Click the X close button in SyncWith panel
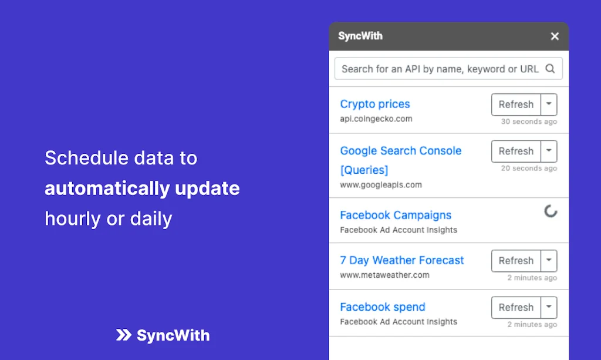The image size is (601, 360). point(555,36)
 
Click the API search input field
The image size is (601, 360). point(440,69)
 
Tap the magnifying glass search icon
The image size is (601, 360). point(550,69)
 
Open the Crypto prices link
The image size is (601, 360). point(375,104)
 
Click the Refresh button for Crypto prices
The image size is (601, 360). point(516,105)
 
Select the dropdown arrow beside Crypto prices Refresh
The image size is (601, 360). point(548,105)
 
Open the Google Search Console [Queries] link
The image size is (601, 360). point(400,160)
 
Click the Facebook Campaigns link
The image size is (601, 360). point(396,215)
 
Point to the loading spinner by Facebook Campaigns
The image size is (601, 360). point(551,211)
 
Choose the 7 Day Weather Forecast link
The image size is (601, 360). point(402,260)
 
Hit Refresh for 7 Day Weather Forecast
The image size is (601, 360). point(516,261)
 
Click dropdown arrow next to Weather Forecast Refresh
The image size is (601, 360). point(548,261)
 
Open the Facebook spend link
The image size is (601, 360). point(383,307)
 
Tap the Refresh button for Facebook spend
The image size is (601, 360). point(516,307)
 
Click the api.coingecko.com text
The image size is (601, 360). point(376,119)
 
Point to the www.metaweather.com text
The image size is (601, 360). point(384,275)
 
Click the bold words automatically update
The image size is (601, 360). point(142,189)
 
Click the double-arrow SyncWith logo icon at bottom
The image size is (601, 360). point(124,335)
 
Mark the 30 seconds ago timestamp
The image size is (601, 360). point(529,122)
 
